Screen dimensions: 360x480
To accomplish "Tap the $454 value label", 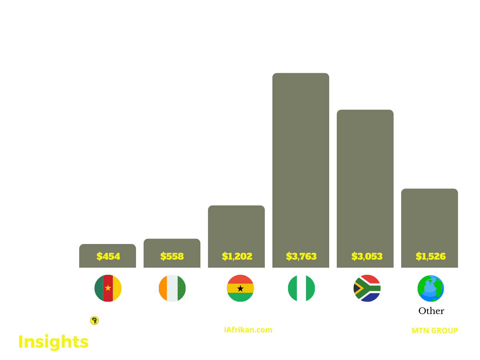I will [x=108, y=256].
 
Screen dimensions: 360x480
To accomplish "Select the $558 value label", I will [x=172, y=256].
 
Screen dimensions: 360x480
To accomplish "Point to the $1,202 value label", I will [x=237, y=256].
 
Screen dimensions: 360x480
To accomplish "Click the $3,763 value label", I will [x=301, y=256].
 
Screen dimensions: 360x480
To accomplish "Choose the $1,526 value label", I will [x=430, y=256].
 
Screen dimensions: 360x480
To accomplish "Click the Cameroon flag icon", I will [x=108, y=288].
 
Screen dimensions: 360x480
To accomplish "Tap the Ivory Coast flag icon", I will [x=172, y=288].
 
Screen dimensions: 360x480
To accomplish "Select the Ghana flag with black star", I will [x=240, y=288].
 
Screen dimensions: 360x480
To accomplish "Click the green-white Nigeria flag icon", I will [x=301, y=288].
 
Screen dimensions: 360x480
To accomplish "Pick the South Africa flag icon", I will [x=367, y=288].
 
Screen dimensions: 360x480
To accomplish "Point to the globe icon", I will [x=430, y=288].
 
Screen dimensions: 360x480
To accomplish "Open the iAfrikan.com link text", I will [x=248, y=330].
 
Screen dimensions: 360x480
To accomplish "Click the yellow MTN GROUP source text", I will [x=434, y=331].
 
